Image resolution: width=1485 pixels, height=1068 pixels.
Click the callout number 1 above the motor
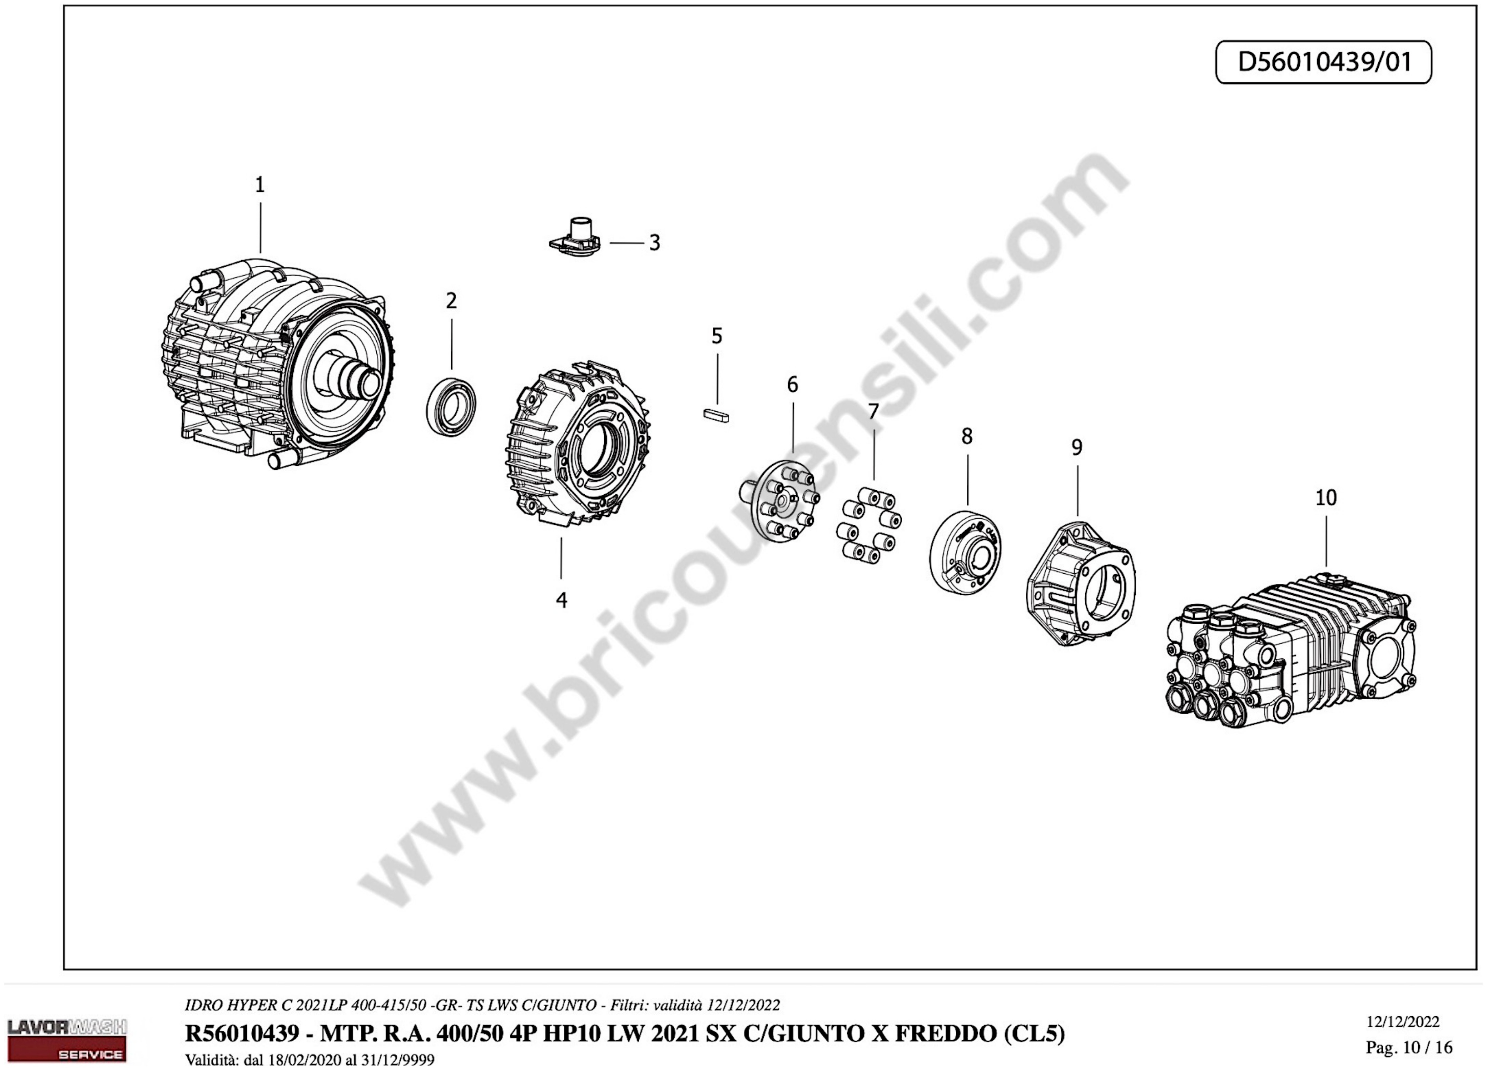tap(260, 185)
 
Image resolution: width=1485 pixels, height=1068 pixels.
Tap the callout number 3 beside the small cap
tap(654, 243)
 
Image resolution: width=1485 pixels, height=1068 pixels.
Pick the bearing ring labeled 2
tap(451, 405)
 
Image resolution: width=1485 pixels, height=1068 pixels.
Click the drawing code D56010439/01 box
tap(1324, 62)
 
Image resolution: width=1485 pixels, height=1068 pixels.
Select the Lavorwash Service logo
tap(67, 1040)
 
